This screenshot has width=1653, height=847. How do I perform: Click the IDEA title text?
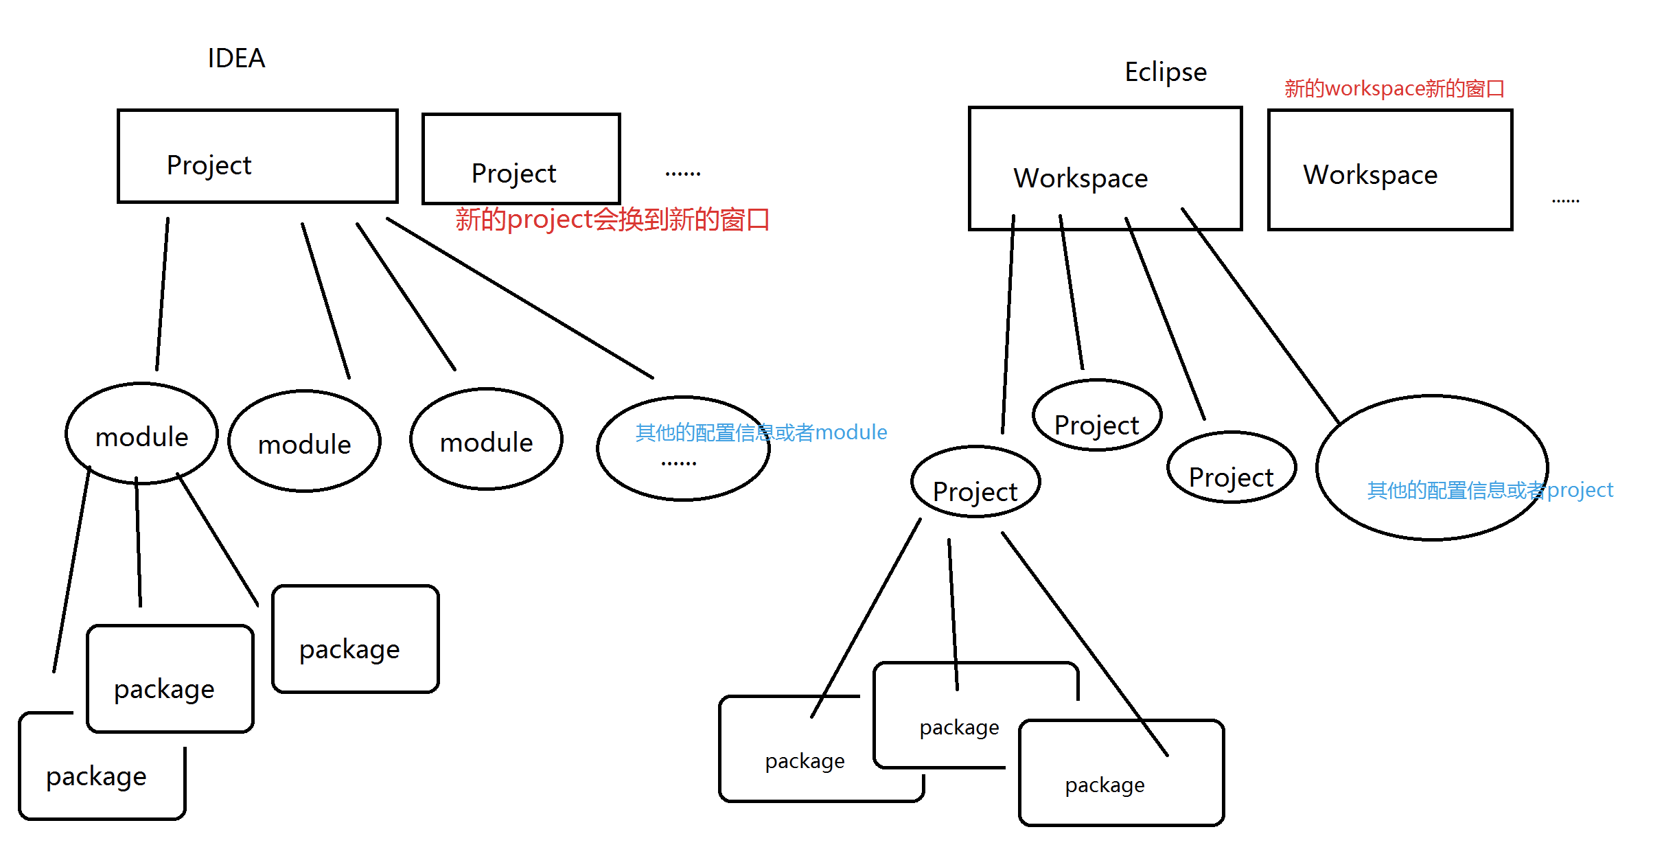pos(236,58)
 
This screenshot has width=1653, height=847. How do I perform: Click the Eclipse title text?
pos(1165,72)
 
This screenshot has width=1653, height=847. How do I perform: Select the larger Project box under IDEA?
pos(257,156)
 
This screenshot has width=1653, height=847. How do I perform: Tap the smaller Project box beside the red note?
pos(521,159)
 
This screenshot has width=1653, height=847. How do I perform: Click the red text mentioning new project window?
pos(612,220)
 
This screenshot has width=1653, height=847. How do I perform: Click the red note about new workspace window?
pos(1394,89)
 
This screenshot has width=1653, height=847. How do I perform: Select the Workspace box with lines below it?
pos(1105,168)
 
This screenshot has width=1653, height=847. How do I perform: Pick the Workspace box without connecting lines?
pos(1389,170)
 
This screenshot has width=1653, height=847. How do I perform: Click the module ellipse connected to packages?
pos(141,434)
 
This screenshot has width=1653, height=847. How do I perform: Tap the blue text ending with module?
pos(761,432)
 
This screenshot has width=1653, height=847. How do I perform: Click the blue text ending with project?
pos(1490,490)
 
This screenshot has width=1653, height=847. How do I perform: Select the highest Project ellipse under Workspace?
pos(1096,416)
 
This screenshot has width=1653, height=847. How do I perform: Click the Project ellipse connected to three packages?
pos(975,483)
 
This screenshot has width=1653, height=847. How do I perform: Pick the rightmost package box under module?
pos(355,640)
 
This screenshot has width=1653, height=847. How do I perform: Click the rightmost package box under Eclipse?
pos(1121,774)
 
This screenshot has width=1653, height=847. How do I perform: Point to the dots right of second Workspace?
pos(1565,201)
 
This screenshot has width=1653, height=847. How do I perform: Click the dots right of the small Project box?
pos(682,174)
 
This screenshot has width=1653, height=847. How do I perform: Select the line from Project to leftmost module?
pos(162,295)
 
